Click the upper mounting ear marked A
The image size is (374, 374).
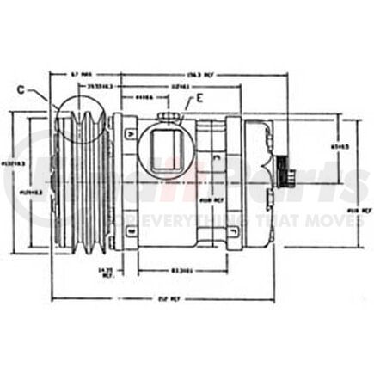point(129,133)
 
